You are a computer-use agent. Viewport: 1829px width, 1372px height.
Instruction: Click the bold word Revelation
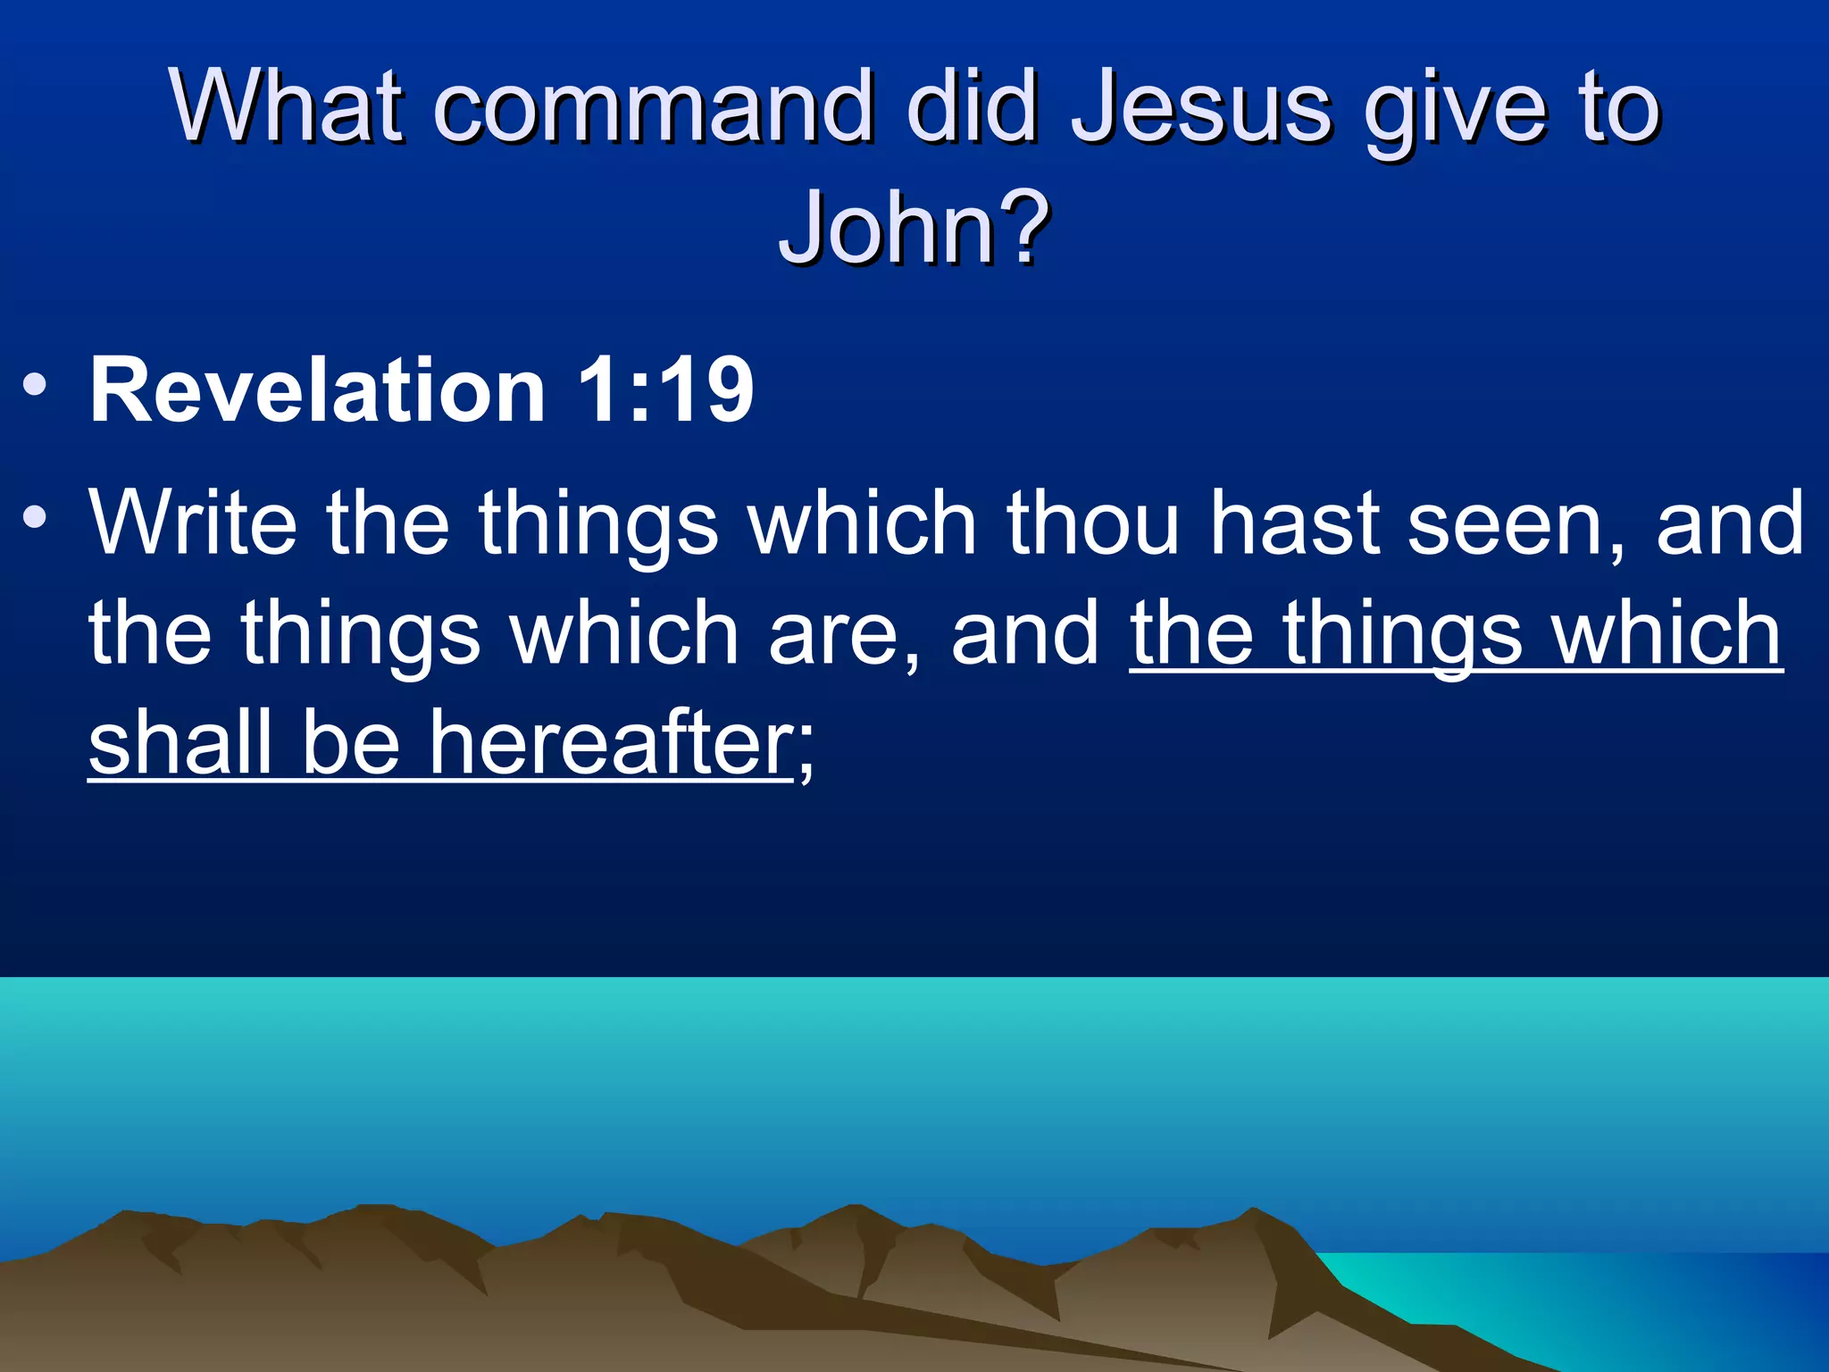[x=317, y=390]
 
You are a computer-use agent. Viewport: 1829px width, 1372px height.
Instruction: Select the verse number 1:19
[x=665, y=390]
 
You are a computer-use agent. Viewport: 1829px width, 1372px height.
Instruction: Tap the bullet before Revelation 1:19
[x=35, y=387]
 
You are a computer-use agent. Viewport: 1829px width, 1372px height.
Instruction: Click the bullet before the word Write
[x=35, y=518]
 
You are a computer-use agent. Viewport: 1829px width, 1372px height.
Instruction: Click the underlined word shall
[x=180, y=743]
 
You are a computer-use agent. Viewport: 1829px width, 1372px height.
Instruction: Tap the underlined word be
[x=351, y=743]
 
